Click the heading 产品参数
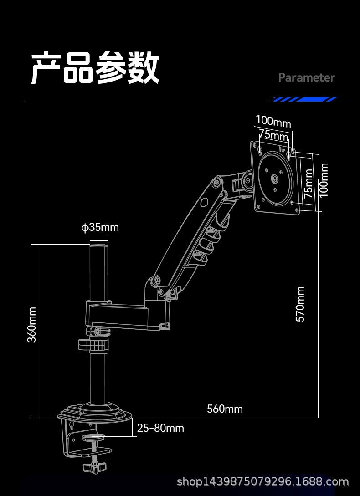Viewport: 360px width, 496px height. click(x=95, y=68)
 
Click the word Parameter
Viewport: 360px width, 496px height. click(x=306, y=77)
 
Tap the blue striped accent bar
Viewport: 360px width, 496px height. click(x=304, y=99)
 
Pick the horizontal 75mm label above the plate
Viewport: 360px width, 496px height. click(x=273, y=135)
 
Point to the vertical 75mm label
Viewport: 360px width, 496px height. click(x=309, y=183)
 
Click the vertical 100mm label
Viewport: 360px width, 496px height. click(x=323, y=180)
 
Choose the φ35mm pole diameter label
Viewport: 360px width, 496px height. click(x=100, y=227)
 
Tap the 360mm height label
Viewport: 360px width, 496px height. click(x=32, y=324)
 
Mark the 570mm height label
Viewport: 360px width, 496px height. click(x=300, y=304)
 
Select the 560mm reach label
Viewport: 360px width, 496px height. click(x=225, y=409)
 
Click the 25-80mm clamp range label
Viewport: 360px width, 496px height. click(x=160, y=428)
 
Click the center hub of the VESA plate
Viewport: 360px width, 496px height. click(x=275, y=179)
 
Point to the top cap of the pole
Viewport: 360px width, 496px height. click(x=98, y=246)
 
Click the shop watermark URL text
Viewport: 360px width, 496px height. click(x=262, y=481)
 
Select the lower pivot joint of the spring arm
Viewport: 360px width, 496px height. click(x=157, y=281)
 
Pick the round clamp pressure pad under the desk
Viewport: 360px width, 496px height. click(x=93, y=438)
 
